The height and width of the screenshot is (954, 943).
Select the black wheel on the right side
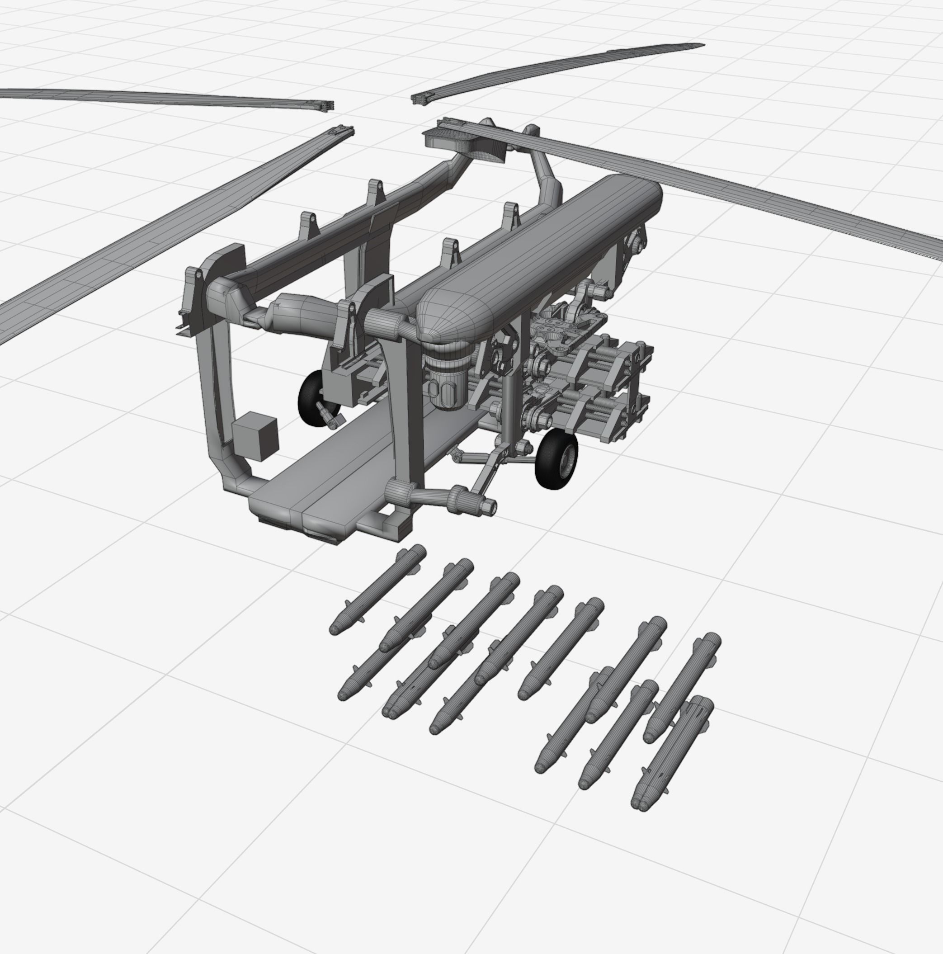pos(556,459)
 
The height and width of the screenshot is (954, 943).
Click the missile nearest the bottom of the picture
pos(671,756)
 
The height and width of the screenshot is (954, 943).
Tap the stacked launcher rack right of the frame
pos(593,390)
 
